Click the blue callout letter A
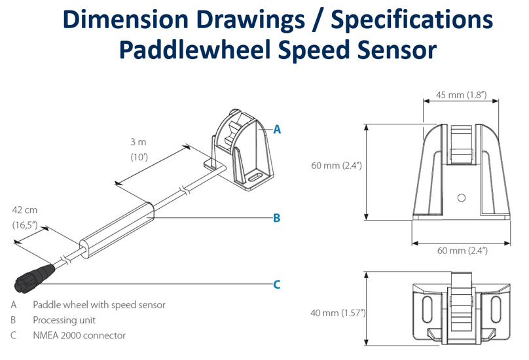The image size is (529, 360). tap(277, 130)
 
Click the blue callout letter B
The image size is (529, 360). tap(276, 218)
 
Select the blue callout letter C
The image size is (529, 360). tap(276, 284)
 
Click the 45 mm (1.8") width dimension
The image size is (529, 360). tap(460, 96)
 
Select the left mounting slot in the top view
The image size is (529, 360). tap(427, 310)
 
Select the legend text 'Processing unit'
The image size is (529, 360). tap(64, 320)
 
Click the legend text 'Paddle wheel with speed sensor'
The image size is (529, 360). tap(99, 304)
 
